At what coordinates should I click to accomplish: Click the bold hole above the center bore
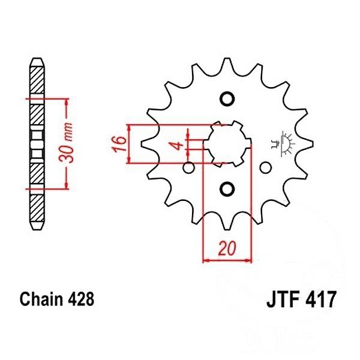(x=227, y=99)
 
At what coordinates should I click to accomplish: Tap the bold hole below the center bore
(x=227, y=190)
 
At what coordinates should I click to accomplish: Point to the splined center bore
(x=227, y=144)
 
